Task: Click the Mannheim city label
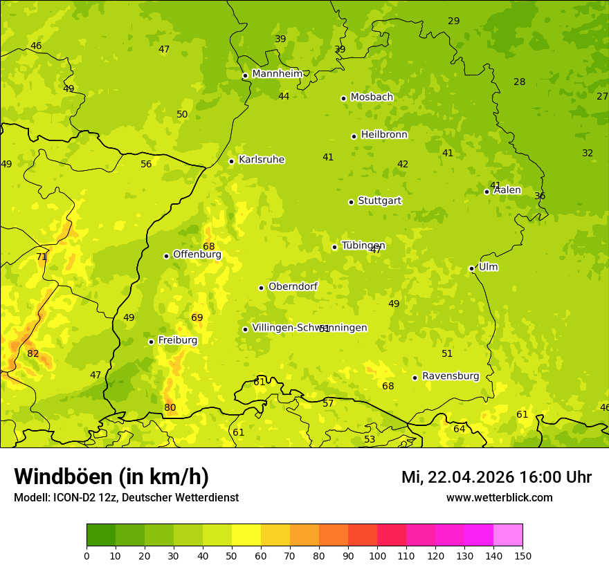[277, 74]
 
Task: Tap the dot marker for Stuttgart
[351, 202]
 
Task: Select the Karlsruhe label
[261, 160]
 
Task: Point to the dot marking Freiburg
[151, 342]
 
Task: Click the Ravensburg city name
[451, 376]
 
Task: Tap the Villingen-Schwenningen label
[309, 328]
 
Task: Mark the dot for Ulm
[471, 268]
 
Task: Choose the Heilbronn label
[384, 135]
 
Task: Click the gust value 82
[33, 353]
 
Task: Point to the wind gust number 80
[170, 407]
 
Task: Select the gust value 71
[42, 257]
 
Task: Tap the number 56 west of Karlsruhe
[146, 164]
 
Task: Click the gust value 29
[454, 21]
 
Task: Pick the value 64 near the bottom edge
[460, 429]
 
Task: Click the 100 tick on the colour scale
[377, 555]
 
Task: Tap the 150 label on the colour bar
[522, 555]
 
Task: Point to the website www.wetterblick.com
[499, 497]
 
